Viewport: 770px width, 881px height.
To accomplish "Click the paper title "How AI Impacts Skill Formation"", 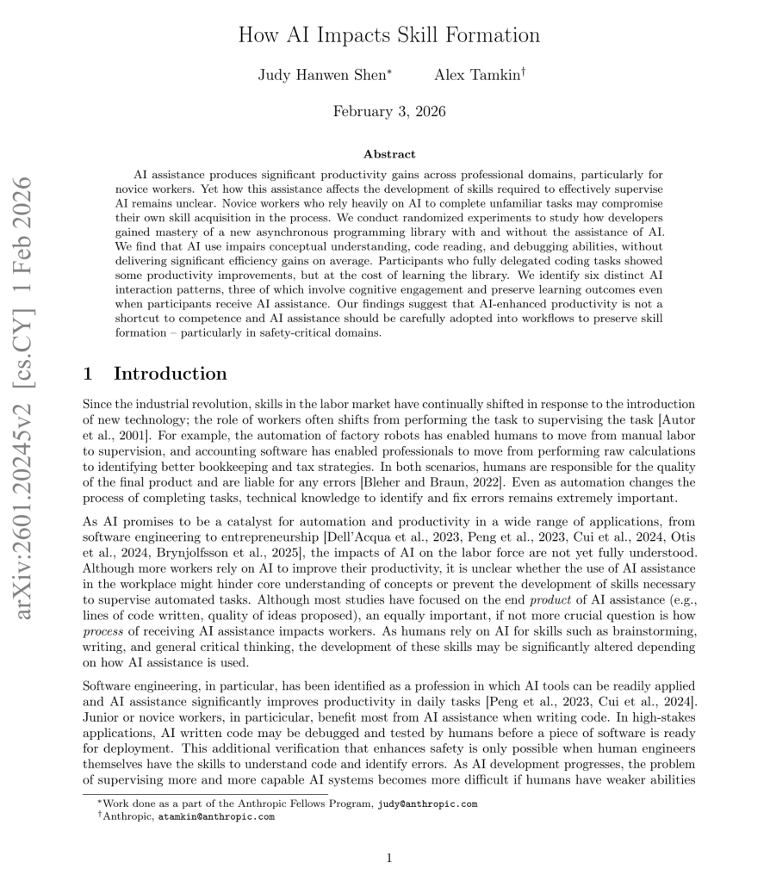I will pos(388,35).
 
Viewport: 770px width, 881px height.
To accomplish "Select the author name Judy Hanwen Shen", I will pos(324,75).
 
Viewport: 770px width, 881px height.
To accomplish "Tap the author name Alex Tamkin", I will pos(477,75).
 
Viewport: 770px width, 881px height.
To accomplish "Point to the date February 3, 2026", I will pos(389,111).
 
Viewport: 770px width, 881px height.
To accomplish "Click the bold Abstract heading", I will pos(389,154).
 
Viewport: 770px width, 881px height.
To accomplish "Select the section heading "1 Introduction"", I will pos(155,374).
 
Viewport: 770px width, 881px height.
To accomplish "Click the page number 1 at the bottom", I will pos(389,858).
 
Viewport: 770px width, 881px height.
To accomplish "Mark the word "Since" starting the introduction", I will pos(96,405).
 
